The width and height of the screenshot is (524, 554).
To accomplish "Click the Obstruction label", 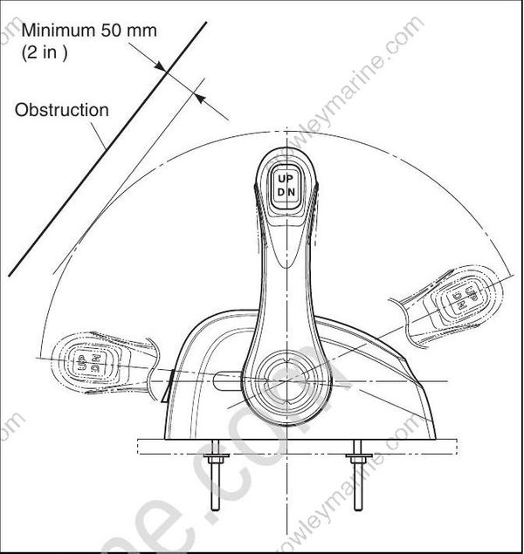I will (x=62, y=111).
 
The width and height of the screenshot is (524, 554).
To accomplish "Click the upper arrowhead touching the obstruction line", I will (x=161, y=66).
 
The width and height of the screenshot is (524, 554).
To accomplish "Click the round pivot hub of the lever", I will (x=285, y=382).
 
